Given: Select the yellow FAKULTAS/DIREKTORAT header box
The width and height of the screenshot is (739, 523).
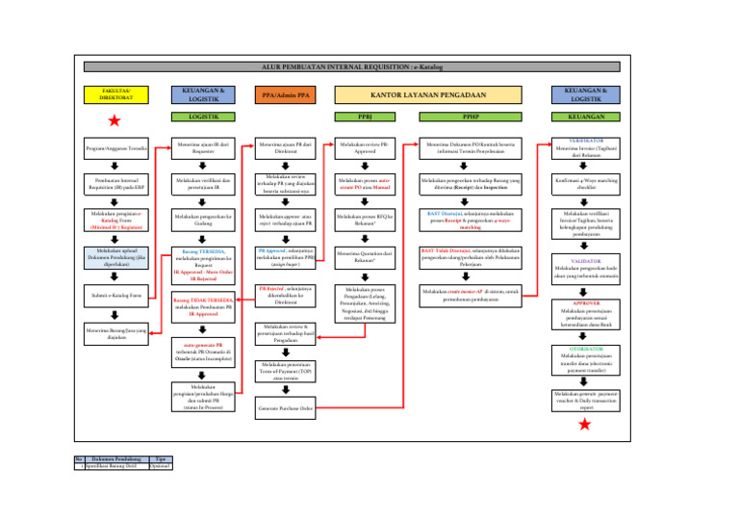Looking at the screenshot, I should pos(115,94).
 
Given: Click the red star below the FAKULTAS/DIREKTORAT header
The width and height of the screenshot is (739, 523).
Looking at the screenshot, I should pos(115,120).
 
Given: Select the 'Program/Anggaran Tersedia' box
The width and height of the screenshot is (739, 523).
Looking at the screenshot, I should pos(115,149).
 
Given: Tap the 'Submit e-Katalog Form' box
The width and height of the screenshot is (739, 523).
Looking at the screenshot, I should pos(115,296).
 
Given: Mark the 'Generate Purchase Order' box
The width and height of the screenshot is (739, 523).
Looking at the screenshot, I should pos(286,408).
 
